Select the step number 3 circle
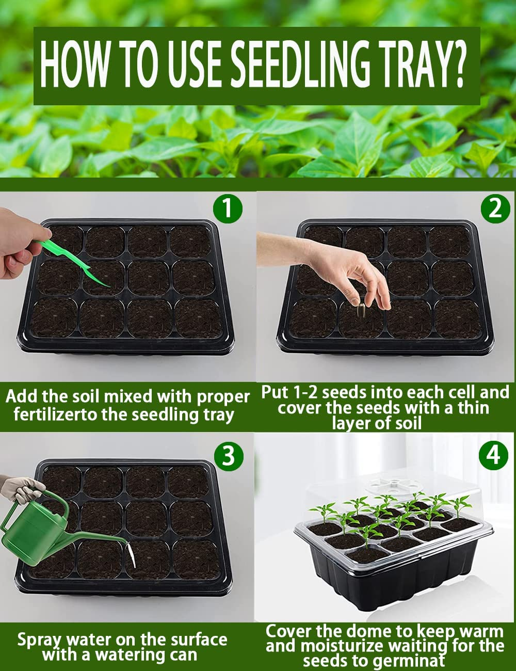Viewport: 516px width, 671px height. [228, 456]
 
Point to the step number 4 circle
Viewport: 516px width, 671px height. [493, 456]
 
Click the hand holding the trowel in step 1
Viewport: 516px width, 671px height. [18, 243]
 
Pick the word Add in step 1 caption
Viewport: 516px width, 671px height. [21, 396]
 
